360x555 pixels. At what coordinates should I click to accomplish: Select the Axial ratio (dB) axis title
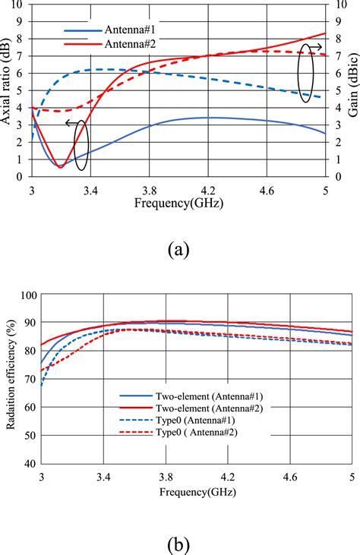point(8,89)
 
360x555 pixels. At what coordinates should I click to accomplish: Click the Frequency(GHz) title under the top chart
point(178,203)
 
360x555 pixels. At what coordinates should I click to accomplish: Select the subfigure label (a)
point(178,249)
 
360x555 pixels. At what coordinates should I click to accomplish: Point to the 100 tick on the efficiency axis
point(26,295)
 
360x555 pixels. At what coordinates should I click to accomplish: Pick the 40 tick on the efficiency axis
point(29,462)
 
